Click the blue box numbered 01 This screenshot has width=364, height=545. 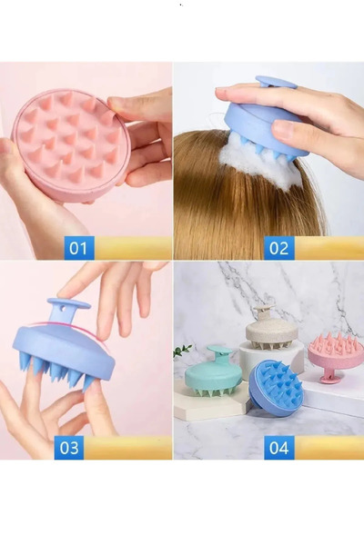pos(79,248)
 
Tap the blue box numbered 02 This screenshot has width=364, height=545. pos(279,248)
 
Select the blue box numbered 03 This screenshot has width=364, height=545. pos(69,448)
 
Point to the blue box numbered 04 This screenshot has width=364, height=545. pos(279,448)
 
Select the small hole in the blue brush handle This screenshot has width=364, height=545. pos(63,308)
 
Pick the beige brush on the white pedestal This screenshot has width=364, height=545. pos(272,329)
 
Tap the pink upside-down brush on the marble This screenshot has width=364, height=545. pos(331,354)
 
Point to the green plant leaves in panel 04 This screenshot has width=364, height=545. pos(182,350)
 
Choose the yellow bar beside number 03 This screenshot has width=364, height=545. pos(127,448)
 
